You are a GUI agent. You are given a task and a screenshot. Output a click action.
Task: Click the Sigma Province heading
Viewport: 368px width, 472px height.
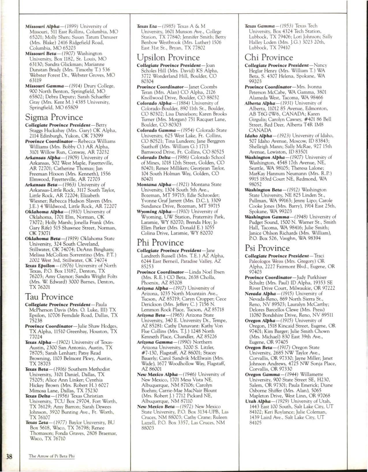[54, 117]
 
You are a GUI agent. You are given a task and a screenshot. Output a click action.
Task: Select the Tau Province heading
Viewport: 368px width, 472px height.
[49, 297]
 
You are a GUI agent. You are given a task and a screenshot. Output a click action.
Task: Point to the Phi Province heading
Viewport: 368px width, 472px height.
[160, 242]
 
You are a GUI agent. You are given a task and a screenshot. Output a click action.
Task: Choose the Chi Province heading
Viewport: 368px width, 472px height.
[269, 57]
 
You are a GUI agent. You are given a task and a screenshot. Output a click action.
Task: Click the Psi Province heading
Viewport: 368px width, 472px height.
[267, 248]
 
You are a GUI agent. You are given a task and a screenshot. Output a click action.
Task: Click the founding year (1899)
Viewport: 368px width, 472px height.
[70, 26]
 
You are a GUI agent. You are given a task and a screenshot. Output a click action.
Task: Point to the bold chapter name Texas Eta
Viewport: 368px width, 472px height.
[147, 26]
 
